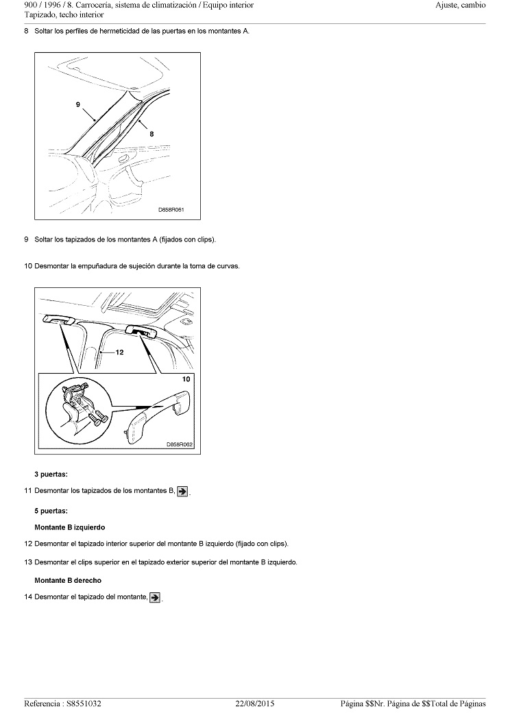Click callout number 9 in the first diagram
[79, 104]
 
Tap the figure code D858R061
[171, 210]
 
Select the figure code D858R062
[180, 444]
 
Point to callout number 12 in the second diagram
[119, 352]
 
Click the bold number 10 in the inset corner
[186, 378]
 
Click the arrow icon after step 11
[183, 491]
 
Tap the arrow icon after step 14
[156, 597]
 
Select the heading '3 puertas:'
[51, 474]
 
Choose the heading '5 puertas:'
[51, 511]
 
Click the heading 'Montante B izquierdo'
[70, 527]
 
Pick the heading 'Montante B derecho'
[68, 581]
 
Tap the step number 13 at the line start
[28, 562]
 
